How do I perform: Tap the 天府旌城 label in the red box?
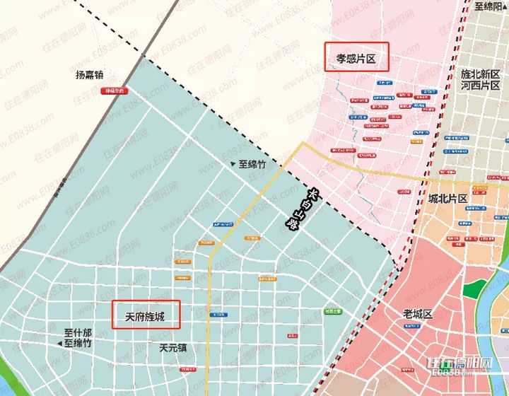click(146, 315)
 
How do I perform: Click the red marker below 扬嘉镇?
click(112, 91)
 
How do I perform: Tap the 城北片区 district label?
click(447, 199)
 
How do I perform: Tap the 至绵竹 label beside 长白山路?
click(252, 164)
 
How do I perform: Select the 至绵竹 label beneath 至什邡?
click(78, 343)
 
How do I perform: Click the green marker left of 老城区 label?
click(333, 311)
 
